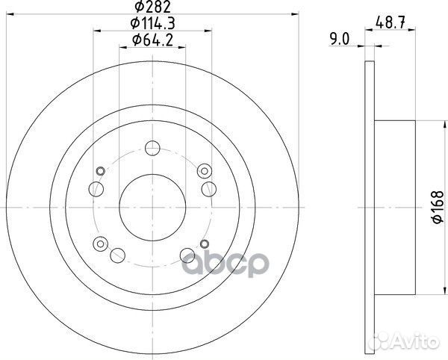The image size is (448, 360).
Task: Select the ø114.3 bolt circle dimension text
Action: point(152,25)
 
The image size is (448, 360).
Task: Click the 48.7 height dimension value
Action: point(386,24)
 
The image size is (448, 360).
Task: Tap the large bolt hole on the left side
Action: point(95,188)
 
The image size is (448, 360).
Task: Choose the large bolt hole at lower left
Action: point(116,256)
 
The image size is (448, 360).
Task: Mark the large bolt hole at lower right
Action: point(187,256)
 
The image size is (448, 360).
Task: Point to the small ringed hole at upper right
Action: point(201,171)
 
